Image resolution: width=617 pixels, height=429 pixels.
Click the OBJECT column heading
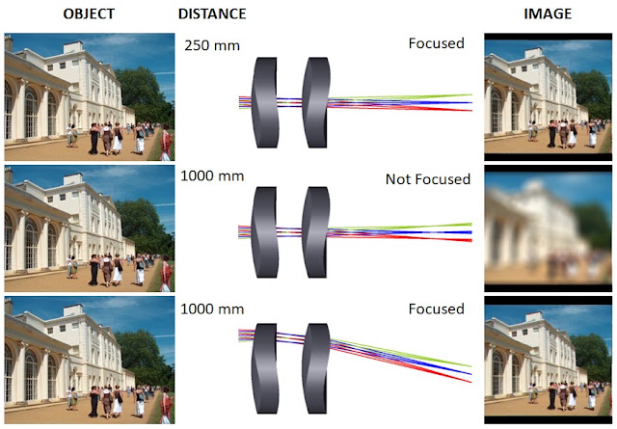(x=89, y=13)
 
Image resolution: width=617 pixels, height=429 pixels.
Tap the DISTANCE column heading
(x=212, y=13)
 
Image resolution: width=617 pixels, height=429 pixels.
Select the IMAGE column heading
(x=548, y=13)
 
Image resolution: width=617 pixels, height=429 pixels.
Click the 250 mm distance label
(x=212, y=45)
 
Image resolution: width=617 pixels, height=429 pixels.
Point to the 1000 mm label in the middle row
(x=212, y=175)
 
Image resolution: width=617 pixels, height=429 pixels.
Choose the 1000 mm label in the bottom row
(x=212, y=308)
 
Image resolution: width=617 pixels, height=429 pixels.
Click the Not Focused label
(x=428, y=179)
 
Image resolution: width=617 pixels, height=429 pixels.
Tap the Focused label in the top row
(x=437, y=43)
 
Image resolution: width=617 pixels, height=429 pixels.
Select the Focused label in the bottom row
(x=437, y=308)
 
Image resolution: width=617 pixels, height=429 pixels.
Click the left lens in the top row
(x=265, y=102)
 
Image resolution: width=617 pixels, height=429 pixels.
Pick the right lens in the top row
(x=316, y=102)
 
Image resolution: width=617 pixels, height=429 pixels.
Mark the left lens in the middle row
(x=265, y=232)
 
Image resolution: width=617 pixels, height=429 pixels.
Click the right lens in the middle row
(x=316, y=232)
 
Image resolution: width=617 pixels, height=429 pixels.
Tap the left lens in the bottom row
(x=265, y=368)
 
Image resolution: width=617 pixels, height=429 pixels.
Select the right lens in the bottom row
(x=316, y=368)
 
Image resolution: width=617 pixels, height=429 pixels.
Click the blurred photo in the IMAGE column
(x=549, y=228)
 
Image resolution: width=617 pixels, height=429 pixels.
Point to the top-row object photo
(x=90, y=96)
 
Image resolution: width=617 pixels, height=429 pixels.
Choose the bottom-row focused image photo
(x=549, y=361)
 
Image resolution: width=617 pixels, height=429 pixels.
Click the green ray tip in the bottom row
(x=471, y=366)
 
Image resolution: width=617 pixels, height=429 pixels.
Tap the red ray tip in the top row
(x=471, y=110)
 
